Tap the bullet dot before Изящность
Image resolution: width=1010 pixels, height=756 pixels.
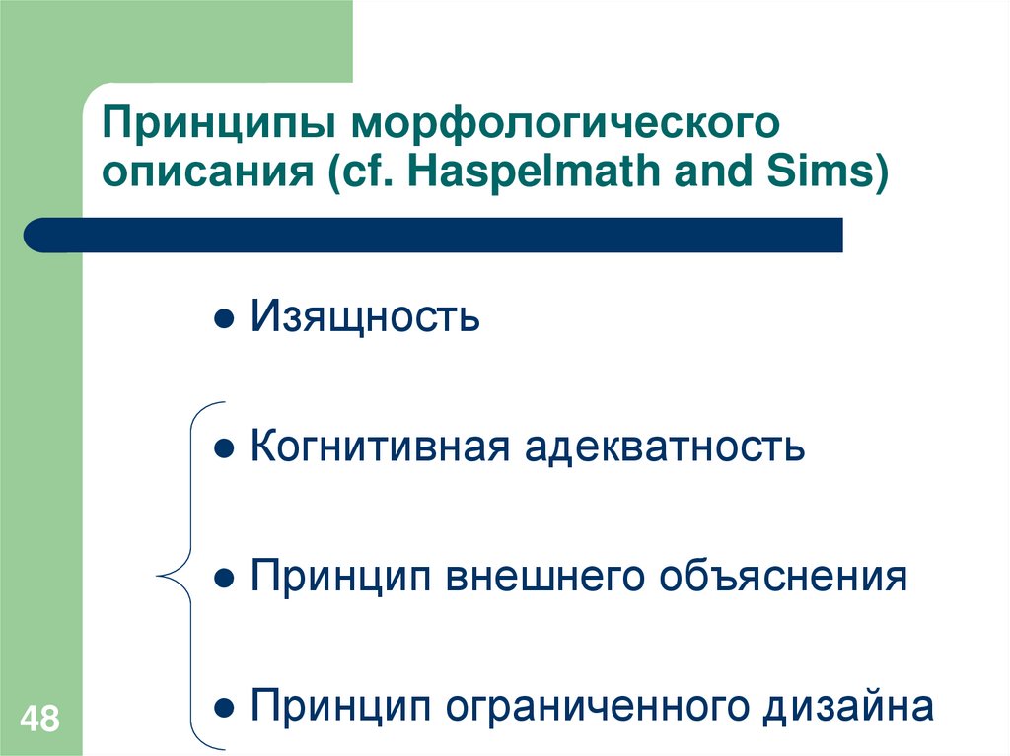225,320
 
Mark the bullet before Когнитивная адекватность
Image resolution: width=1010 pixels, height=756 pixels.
225,449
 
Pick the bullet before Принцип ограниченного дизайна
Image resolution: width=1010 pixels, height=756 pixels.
225,708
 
